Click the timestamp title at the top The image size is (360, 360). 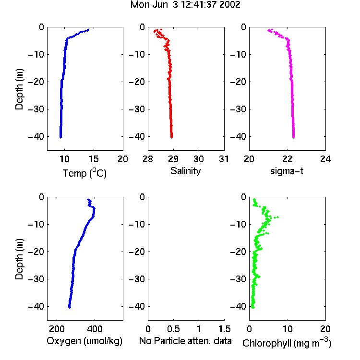(185, 5)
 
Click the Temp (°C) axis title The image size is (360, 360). (84, 173)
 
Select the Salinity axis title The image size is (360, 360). (185, 171)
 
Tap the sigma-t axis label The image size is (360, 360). (287, 171)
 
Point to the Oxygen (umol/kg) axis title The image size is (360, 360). (84, 341)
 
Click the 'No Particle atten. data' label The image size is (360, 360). (185, 341)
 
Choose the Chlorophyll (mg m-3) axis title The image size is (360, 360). (287, 343)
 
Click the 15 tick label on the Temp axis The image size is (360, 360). (94, 159)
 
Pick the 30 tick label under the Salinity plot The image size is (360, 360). (199, 159)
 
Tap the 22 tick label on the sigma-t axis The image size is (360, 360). (287, 159)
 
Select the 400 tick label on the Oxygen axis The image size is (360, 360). (95, 329)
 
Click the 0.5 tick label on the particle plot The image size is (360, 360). (173, 329)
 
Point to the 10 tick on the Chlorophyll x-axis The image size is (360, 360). (287, 329)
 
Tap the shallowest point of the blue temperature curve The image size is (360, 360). (88, 30)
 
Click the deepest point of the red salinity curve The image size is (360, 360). (171, 137)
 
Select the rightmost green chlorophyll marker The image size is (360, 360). (277, 217)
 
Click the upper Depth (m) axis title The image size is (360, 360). (19, 89)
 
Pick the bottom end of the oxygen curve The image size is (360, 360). (69, 307)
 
